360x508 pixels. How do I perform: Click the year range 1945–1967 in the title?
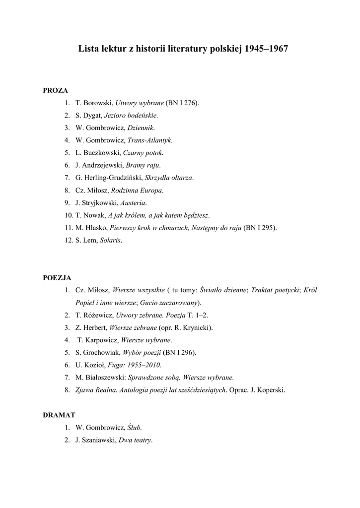tap(267, 50)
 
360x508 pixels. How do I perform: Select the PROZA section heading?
tap(55, 90)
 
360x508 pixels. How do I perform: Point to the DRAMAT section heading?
tap(59, 415)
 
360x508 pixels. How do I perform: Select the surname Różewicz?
tap(97, 315)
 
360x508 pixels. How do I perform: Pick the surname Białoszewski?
tap(107, 378)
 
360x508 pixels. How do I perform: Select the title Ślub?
tap(135, 427)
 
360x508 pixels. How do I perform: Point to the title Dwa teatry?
tap(135, 440)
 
